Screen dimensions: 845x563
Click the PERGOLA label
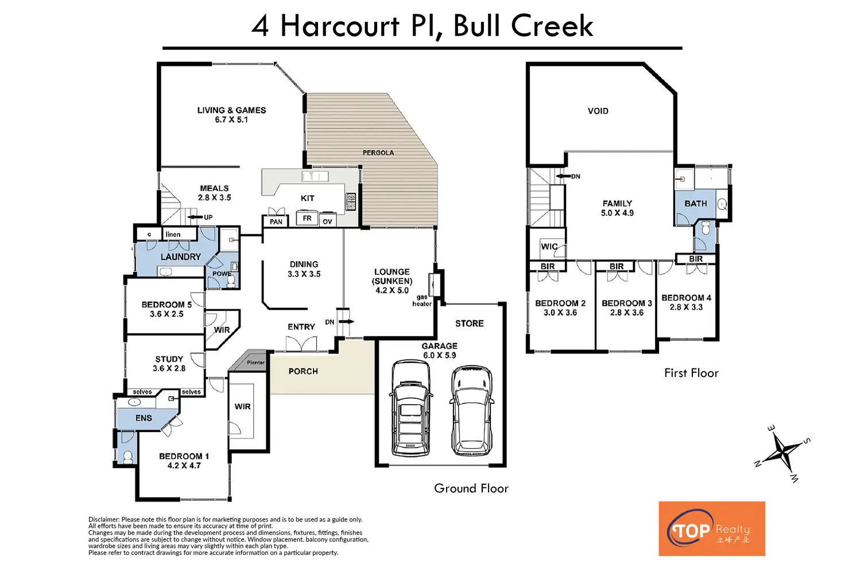(378, 153)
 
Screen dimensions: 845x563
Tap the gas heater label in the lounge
(422, 301)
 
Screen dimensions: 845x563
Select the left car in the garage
(410, 408)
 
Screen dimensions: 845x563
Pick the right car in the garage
(471, 410)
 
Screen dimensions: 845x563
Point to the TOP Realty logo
(712, 529)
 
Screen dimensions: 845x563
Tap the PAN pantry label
(276, 222)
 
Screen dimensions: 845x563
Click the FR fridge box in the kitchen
(307, 218)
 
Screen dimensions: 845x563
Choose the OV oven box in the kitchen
(327, 220)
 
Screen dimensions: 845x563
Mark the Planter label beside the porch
(256, 362)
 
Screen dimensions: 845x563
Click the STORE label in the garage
(469, 323)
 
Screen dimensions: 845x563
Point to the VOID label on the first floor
(598, 111)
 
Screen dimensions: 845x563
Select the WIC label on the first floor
(549, 246)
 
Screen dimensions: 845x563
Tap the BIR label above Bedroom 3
(617, 266)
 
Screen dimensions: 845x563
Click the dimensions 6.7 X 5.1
(231, 119)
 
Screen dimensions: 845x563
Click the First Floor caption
(691, 373)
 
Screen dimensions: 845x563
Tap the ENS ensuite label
(144, 418)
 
